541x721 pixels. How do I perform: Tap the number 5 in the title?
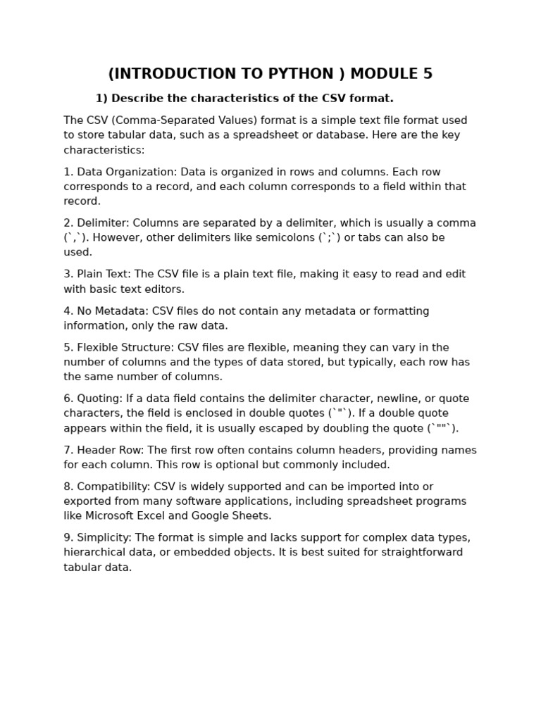tap(428, 74)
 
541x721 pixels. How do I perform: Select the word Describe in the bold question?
tap(139, 99)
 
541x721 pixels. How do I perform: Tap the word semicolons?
tap(287, 238)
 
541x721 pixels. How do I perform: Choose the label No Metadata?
tap(112, 311)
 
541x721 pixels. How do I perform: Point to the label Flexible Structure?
tap(125, 348)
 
